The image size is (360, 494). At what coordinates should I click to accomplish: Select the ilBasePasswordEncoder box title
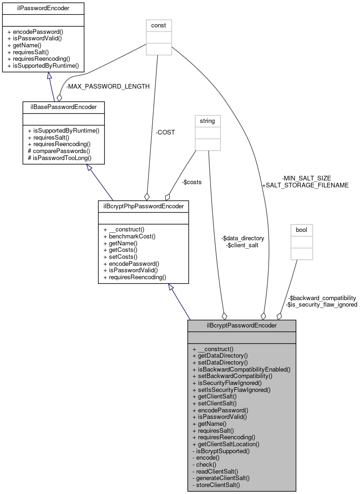pyautogui.click(x=63, y=107)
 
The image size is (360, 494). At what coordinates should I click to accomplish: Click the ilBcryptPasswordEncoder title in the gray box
pyautogui.click(x=241, y=325)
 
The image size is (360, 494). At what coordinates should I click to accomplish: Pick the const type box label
pyautogui.click(x=159, y=25)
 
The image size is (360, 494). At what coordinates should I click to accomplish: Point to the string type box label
pyautogui.click(x=207, y=121)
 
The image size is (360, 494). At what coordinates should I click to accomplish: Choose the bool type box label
pyautogui.click(x=302, y=230)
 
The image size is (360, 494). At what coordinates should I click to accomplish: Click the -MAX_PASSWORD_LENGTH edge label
pyautogui.click(x=108, y=86)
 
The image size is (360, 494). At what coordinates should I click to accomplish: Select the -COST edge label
pyautogui.click(x=165, y=132)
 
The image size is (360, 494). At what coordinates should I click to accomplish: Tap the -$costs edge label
pyautogui.click(x=192, y=182)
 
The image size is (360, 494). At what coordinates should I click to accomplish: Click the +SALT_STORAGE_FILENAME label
pyautogui.click(x=305, y=185)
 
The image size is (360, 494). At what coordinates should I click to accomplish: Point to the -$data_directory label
pyautogui.click(x=242, y=238)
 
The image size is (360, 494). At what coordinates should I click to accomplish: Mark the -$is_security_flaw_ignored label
pyautogui.click(x=322, y=305)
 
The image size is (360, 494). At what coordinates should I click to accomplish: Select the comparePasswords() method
pyautogui.click(x=61, y=151)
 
